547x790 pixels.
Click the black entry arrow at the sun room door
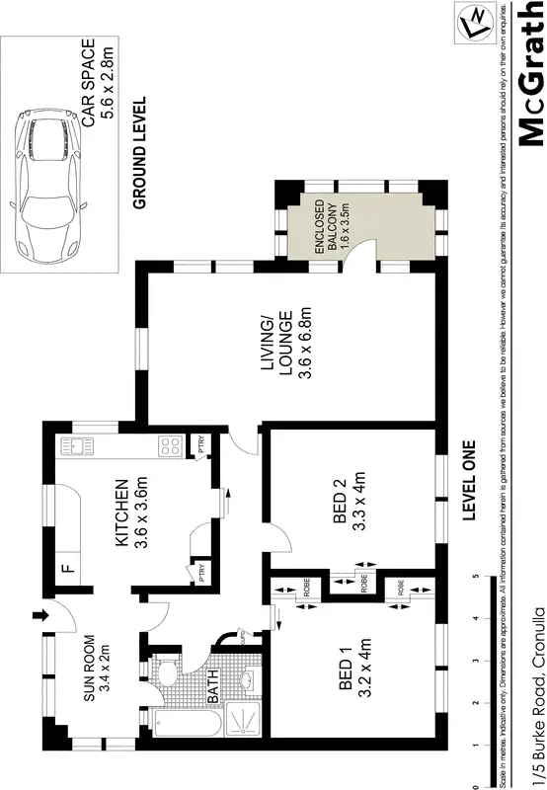[x=40, y=617]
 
